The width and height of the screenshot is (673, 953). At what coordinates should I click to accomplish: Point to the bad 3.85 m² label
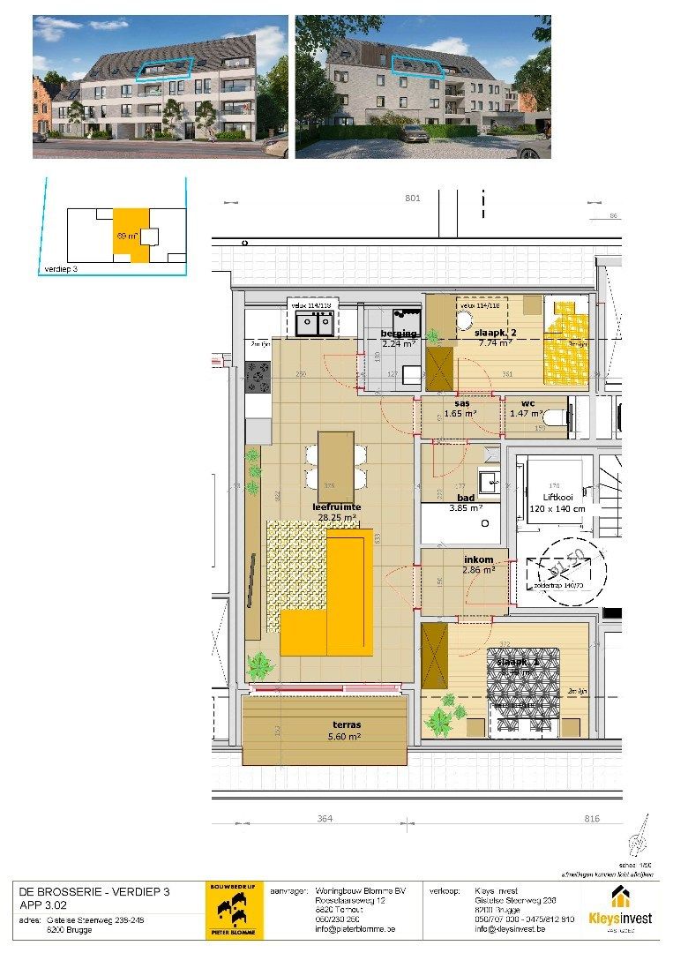462,503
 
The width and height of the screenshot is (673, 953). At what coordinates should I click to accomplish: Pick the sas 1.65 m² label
460,408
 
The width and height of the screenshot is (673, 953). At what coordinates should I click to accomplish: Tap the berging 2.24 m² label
399,339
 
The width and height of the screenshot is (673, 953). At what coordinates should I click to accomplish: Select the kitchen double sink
314,326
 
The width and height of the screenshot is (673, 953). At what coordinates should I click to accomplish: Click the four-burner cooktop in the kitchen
258,378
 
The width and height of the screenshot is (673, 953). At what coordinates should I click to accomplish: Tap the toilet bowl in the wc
553,420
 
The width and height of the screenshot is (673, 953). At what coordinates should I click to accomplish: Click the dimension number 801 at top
412,199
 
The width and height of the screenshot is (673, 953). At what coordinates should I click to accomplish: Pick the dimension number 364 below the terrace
325,820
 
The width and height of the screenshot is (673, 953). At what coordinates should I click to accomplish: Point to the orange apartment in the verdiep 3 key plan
129,234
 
